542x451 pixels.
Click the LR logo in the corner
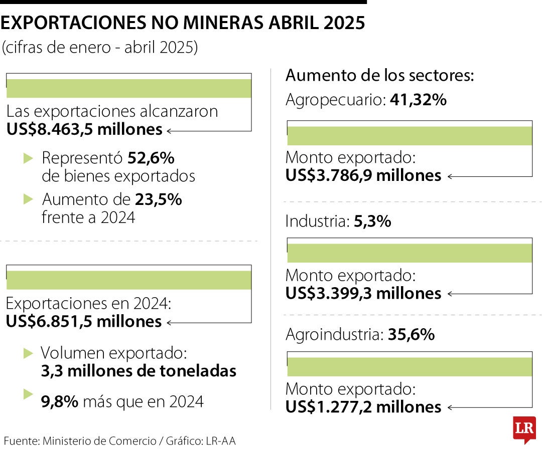(524, 429)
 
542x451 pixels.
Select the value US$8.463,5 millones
(84, 130)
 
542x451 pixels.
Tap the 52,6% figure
(151, 158)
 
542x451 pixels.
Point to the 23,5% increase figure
(158, 200)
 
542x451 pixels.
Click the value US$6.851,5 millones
(84, 322)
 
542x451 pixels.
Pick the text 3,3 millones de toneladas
(139, 371)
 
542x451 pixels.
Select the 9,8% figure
(59, 401)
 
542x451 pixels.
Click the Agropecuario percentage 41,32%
(418, 100)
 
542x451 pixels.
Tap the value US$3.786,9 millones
(363, 176)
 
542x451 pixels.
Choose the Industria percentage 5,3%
(372, 221)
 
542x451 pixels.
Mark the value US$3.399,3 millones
(363, 294)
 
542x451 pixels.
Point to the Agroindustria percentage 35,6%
(411, 335)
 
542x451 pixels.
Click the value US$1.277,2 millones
(363, 407)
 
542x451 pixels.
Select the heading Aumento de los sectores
(380, 76)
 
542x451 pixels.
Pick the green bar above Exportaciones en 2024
(128, 280)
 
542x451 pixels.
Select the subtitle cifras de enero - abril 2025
(100, 47)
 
